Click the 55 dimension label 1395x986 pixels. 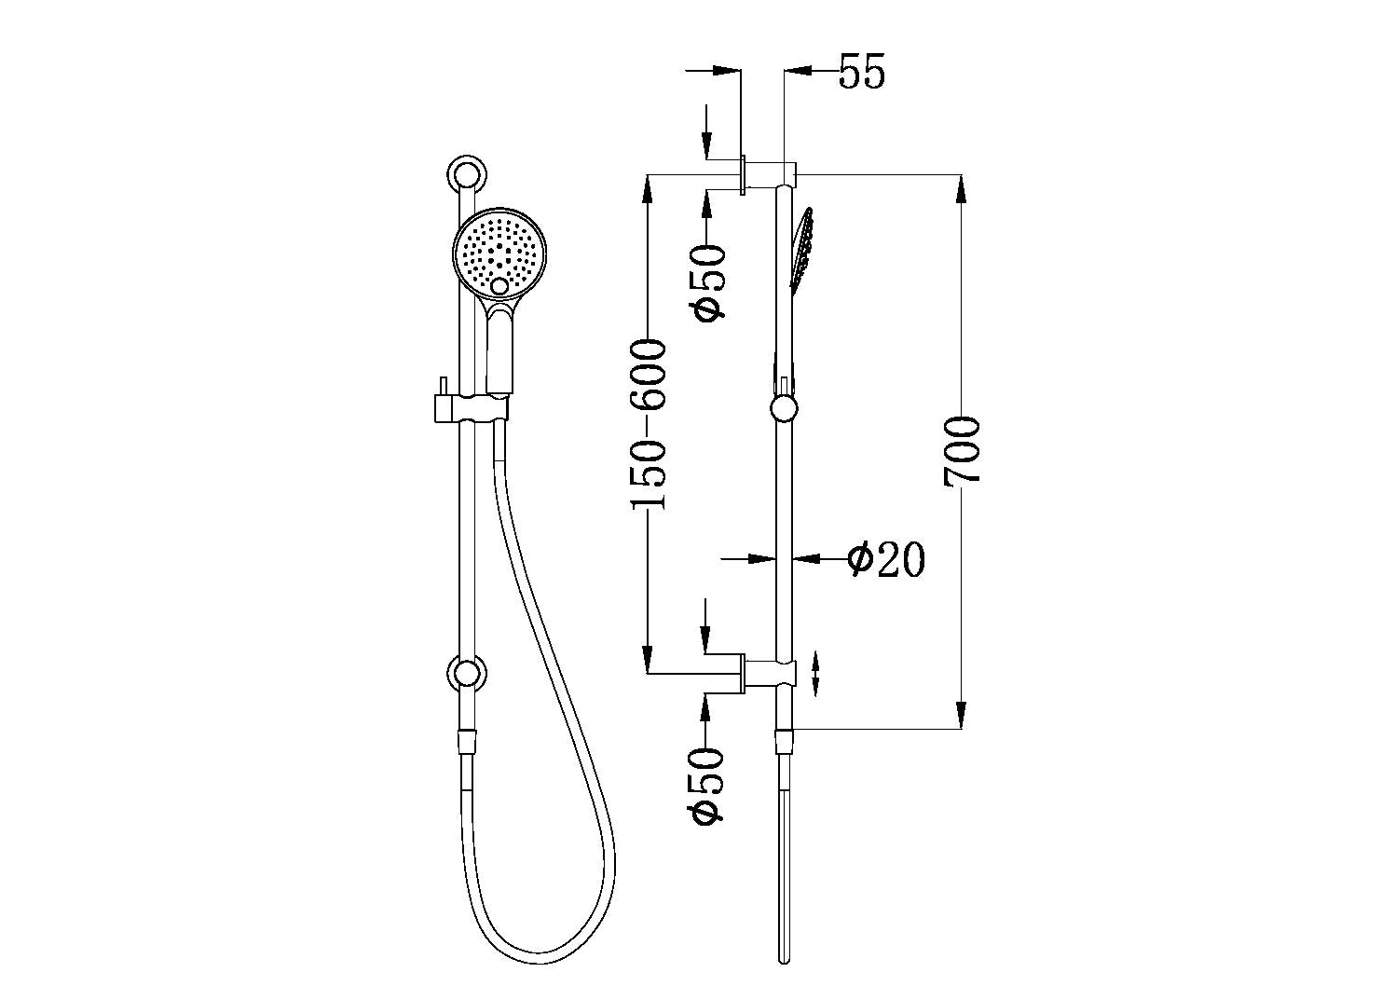pos(861,72)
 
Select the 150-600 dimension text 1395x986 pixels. pos(649,425)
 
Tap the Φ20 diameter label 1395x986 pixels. pos(885,559)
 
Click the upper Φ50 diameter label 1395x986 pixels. pos(709,282)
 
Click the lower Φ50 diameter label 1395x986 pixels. pos(709,785)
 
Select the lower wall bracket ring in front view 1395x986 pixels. pos(466,673)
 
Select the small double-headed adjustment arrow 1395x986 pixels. pos(816,673)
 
